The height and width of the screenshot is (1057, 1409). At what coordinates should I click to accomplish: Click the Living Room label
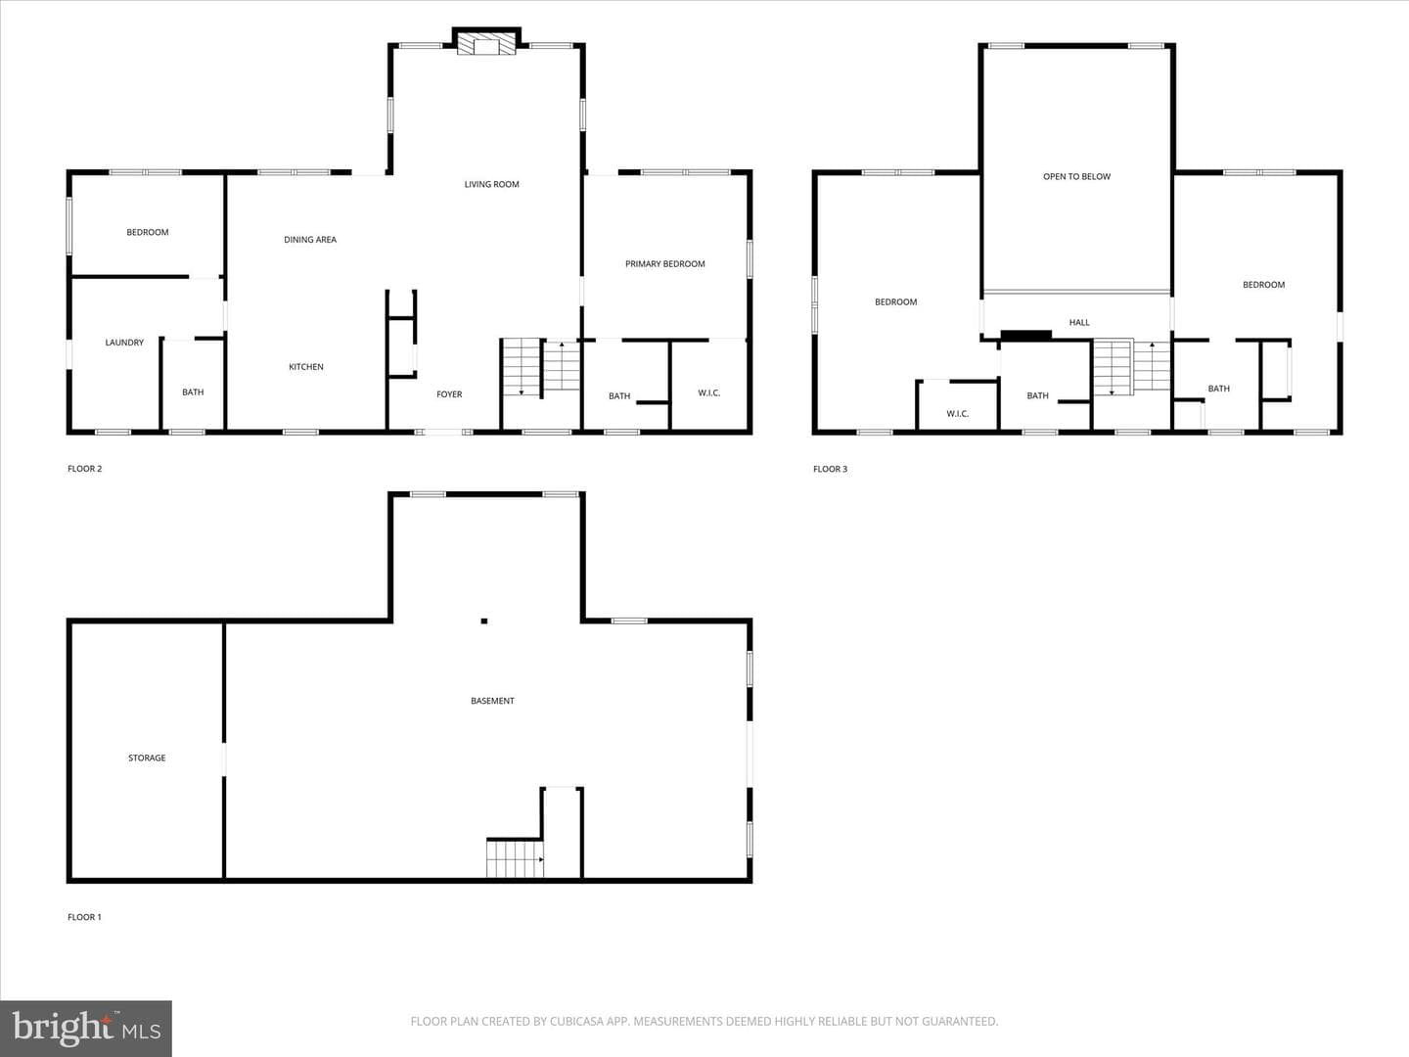pyautogui.click(x=492, y=184)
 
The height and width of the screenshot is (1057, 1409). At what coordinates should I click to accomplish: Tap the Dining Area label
pyautogui.click(x=310, y=240)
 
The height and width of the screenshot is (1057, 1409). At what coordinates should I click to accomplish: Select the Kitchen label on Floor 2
pyautogui.click(x=306, y=366)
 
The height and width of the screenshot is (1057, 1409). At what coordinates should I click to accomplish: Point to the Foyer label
pyautogui.click(x=449, y=394)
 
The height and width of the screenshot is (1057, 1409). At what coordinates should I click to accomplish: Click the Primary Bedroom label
pyautogui.click(x=665, y=264)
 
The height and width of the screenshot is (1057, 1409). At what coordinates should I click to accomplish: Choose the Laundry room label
pyautogui.click(x=124, y=343)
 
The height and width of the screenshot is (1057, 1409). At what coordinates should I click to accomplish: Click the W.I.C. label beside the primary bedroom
pyautogui.click(x=709, y=392)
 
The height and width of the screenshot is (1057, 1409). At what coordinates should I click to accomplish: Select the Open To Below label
pyautogui.click(x=1076, y=176)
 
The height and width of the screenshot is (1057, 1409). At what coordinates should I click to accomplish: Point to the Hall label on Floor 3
pyautogui.click(x=1079, y=322)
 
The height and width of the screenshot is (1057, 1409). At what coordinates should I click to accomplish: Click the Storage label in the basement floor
pyautogui.click(x=147, y=758)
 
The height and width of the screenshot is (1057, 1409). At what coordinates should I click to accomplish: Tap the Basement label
pyautogui.click(x=492, y=701)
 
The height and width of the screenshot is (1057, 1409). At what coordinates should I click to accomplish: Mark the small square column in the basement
pyautogui.click(x=484, y=620)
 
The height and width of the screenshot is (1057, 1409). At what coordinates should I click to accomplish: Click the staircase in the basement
pyautogui.click(x=515, y=859)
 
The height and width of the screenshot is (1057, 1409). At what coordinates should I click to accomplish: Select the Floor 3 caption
pyautogui.click(x=830, y=469)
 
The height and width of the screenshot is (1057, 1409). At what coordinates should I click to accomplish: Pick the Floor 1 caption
pyautogui.click(x=84, y=917)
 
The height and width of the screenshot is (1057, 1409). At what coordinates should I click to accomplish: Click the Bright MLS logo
pyautogui.click(x=86, y=1028)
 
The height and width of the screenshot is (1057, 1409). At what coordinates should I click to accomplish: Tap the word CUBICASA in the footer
pyautogui.click(x=574, y=1021)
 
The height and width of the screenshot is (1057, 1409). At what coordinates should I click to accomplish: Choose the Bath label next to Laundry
pyautogui.click(x=193, y=391)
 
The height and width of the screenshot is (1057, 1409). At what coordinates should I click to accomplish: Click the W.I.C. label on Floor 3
pyautogui.click(x=957, y=414)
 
